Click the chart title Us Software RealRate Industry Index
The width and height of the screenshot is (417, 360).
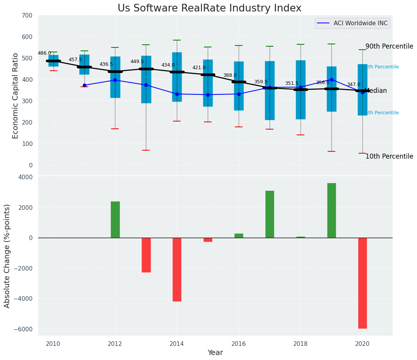[209, 8]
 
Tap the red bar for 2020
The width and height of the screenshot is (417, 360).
[362, 283]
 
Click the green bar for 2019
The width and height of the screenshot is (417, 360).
[331, 210]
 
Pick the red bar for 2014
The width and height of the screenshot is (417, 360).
[177, 269]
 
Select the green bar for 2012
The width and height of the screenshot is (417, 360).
[115, 219]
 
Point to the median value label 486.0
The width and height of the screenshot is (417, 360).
[44, 53]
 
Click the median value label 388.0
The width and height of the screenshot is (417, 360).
[230, 75]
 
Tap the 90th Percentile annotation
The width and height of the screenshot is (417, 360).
[389, 47]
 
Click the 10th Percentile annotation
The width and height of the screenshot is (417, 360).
[389, 157]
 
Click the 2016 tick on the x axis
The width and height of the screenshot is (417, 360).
[239, 344]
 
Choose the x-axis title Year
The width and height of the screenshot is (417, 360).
[215, 353]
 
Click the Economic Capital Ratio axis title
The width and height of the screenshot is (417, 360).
[16, 96]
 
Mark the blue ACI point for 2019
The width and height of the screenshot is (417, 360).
[331, 79]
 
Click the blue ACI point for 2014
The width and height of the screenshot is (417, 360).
[177, 94]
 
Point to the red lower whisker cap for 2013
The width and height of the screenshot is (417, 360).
[146, 150]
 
